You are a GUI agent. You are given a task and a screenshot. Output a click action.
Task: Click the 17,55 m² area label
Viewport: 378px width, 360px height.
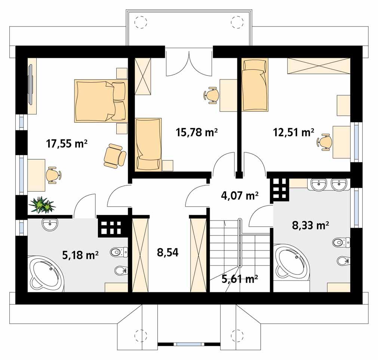(x=67, y=143)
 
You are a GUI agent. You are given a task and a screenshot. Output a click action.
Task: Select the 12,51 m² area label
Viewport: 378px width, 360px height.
(x=293, y=132)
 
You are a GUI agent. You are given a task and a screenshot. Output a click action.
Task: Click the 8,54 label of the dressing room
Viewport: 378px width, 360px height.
(x=168, y=253)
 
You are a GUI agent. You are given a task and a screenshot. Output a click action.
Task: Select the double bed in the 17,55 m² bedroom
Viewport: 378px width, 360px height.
(x=95, y=101)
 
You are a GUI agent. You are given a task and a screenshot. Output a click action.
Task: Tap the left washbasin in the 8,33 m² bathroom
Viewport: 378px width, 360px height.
(x=318, y=184)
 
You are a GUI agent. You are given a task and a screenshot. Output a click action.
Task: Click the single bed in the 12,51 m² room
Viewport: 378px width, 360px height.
(x=255, y=85)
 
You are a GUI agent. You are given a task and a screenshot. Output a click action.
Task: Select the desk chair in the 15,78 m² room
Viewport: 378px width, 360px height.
(x=212, y=95)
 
